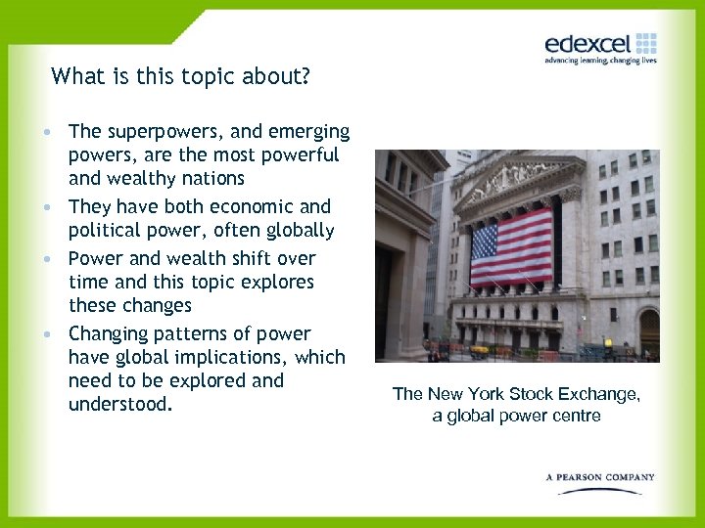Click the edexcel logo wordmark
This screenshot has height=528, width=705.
click(588, 43)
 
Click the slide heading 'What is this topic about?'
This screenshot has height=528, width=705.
click(180, 75)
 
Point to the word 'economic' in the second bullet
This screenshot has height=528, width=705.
click(246, 206)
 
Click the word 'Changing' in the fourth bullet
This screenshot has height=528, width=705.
click(107, 333)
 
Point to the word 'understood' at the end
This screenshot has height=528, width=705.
click(117, 404)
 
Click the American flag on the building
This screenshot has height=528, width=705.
click(511, 247)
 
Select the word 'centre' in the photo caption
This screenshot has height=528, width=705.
click(576, 417)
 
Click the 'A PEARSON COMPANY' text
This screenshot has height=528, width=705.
click(600, 477)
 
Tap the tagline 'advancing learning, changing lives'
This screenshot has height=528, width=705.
click(600, 61)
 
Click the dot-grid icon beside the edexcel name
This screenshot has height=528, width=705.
click(645, 43)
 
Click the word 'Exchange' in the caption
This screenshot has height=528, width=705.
click(600, 394)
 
